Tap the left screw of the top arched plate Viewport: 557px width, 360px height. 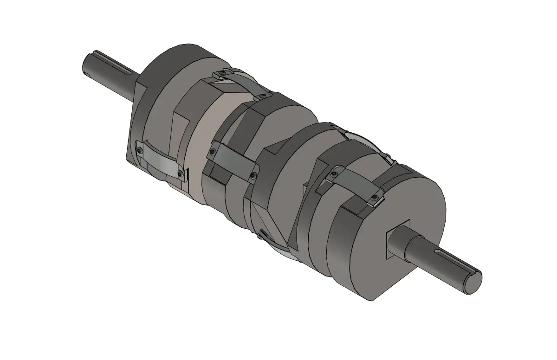point(224,73)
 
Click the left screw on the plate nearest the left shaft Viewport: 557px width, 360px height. point(140,149)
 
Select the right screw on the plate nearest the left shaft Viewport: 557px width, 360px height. point(180,174)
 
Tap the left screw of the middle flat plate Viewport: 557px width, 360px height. point(212,152)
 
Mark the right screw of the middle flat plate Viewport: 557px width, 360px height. point(253,175)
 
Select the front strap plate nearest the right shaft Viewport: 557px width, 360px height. point(355,185)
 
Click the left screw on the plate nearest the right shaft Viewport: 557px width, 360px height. point(334,174)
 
